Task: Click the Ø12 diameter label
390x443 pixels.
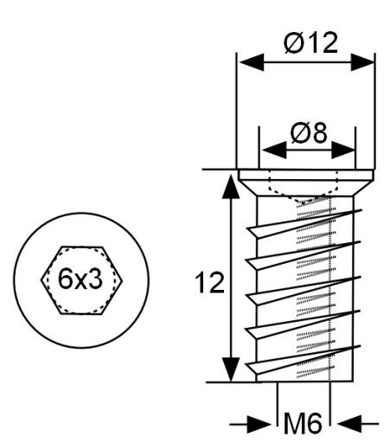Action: coord(310,42)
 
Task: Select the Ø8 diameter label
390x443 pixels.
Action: coord(309,132)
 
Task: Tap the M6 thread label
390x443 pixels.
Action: coord(303,423)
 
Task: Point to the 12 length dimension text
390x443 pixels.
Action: coord(209,283)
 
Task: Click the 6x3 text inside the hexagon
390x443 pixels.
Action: coord(80,279)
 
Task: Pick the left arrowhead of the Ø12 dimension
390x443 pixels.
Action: coord(252,62)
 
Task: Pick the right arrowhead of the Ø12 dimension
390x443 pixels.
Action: coord(362,62)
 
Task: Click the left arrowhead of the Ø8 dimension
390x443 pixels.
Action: coord(274,150)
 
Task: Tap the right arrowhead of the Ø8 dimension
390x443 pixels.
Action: coord(343,150)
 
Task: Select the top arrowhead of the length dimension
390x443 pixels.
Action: coord(231,186)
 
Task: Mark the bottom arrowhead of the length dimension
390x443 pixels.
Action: coord(231,369)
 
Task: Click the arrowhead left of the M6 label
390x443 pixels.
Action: coord(259,424)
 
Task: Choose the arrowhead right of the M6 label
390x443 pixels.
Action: coord(349,424)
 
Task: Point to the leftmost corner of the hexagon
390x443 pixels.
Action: coord(41,280)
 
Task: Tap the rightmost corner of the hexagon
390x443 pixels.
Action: coord(123,280)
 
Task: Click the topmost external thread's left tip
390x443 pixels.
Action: coord(247,228)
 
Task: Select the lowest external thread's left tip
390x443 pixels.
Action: coord(246,364)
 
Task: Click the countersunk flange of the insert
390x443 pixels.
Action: coord(305,183)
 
